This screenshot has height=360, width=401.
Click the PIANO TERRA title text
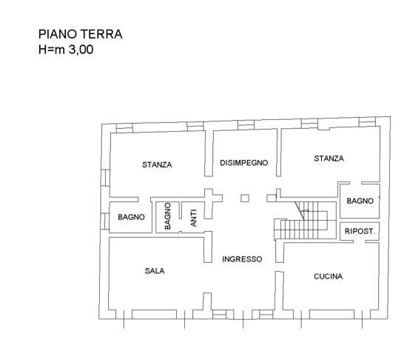click(x=81, y=34)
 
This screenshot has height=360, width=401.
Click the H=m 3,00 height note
click(x=66, y=50)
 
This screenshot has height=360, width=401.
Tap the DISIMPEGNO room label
click(x=244, y=163)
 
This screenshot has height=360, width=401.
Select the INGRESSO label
click(x=242, y=259)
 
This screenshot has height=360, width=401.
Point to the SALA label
click(x=155, y=270)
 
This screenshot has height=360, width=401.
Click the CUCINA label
click(x=328, y=276)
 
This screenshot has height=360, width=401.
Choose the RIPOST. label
click(x=360, y=231)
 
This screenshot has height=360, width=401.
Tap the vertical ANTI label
click(x=194, y=218)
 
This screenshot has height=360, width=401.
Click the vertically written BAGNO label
click(x=167, y=216)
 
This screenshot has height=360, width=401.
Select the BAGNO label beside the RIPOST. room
click(x=360, y=201)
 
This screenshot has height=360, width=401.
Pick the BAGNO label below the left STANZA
click(x=131, y=217)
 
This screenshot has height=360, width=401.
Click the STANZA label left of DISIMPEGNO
click(x=157, y=164)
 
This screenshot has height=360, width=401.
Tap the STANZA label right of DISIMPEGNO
click(x=329, y=159)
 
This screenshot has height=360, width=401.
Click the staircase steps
click(x=305, y=221)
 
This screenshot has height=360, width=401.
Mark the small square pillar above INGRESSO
click(x=245, y=198)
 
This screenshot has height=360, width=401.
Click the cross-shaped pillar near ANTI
click(x=212, y=201)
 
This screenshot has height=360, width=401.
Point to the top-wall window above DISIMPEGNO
click(x=246, y=125)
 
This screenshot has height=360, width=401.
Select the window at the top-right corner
click(x=367, y=122)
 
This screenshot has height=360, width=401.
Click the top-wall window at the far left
click(x=124, y=128)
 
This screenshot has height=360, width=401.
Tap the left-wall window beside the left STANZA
click(x=105, y=178)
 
